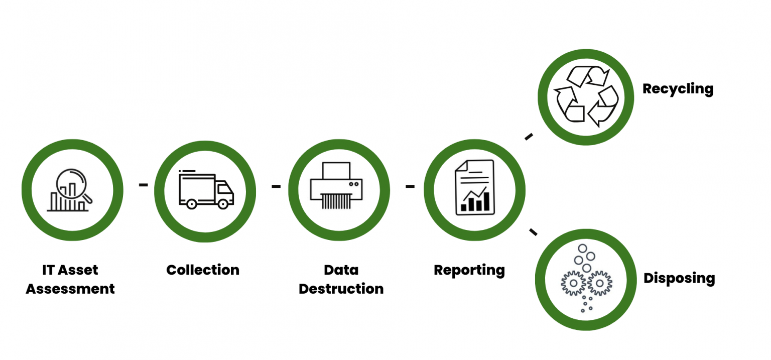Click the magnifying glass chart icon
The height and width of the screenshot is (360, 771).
click(x=72, y=190)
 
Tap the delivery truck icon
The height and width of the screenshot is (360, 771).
click(x=206, y=190)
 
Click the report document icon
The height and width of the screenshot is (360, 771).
click(x=474, y=188)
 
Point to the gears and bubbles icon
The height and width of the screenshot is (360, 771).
click(x=585, y=279)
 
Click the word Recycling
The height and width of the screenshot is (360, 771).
click(x=678, y=89)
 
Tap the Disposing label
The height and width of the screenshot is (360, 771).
click(x=679, y=278)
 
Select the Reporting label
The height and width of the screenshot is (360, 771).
click(x=469, y=270)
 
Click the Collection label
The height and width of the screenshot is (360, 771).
click(x=203, y=270)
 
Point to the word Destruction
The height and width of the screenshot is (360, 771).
click(x=341, y=289)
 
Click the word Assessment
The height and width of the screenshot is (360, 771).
click(x=70, y=289)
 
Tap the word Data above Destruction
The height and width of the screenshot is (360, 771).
click(x=341, y=270)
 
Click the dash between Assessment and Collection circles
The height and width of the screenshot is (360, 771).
click(x=144, y=185)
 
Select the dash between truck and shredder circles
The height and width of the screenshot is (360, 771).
click(x=276, y=186)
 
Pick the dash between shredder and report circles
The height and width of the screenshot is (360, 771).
click(x=410, y=186)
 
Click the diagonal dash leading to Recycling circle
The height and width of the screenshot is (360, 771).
click(x=529, y=137)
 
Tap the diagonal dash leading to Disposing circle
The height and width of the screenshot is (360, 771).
click(x=533, y=231)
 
